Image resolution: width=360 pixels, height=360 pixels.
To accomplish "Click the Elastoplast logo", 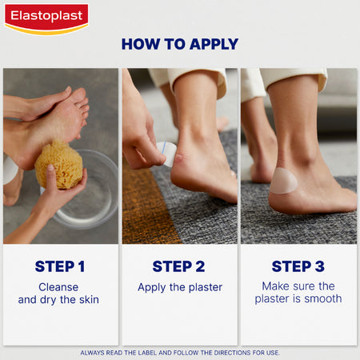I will point(46,17).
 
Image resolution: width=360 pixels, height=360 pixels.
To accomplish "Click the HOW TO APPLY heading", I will point(180,44).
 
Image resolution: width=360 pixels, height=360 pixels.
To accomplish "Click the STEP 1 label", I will point(61,266).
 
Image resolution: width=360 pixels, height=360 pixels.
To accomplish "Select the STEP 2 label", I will point(180,266).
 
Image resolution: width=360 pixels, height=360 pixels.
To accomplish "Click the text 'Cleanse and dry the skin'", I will point(61,293).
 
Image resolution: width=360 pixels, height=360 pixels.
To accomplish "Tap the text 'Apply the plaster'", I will point(180,286).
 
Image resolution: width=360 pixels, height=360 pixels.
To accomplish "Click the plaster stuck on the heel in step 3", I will point(283,181).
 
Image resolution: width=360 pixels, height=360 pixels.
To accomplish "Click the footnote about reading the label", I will point(180,352).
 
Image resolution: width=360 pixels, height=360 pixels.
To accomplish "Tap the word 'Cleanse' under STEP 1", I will point(61,286).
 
